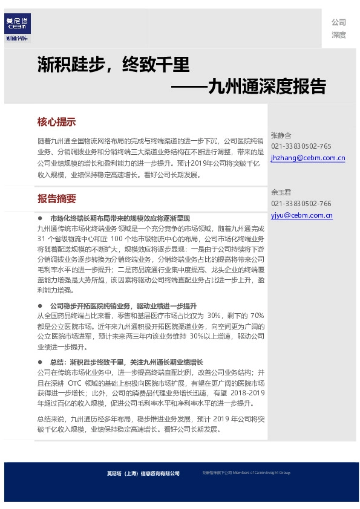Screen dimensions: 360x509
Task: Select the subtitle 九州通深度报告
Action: [266, 86]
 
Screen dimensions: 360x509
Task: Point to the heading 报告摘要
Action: [56, 198]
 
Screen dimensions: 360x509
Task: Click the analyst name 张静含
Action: [281, 135]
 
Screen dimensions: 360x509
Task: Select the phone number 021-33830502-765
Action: [301, 146]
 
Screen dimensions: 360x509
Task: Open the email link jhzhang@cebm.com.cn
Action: [308, 158]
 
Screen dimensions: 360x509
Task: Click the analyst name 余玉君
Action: [281, 192]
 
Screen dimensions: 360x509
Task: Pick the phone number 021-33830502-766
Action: [301, 204]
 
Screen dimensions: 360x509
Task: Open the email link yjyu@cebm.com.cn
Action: [301, 215]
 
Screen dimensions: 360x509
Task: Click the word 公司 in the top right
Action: [338, 22]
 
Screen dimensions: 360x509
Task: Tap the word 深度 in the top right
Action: [338, 35]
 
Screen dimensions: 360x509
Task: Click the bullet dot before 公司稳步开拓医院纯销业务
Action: [40, 306]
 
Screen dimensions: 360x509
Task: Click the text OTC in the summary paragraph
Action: [75, 383]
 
